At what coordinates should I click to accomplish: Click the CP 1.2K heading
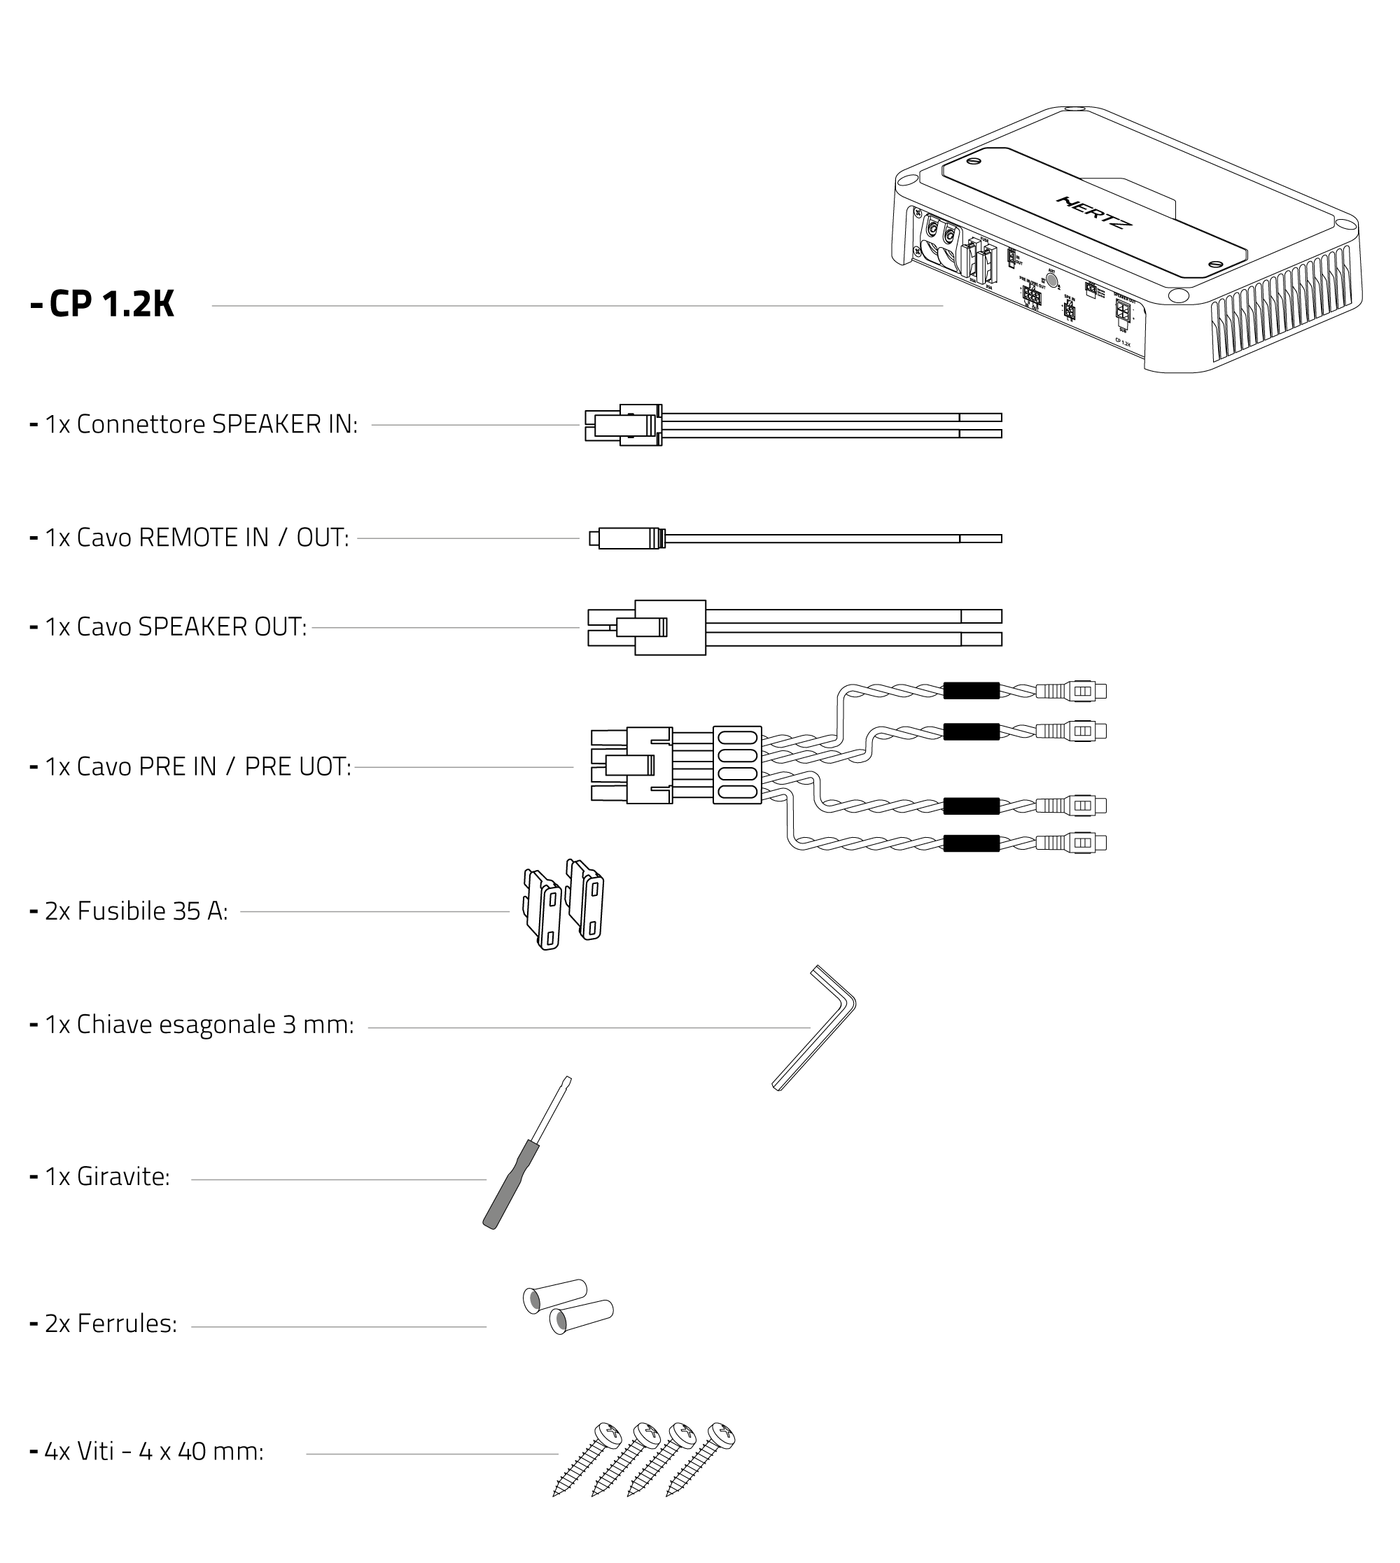click(x=111, y=304)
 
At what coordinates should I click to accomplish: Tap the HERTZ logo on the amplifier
click(x=1094, y=212)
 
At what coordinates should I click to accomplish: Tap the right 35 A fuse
click(x=586, y=900)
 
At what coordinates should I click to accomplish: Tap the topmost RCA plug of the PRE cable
click(x=1072, y=691)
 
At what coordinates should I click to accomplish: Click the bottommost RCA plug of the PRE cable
click(x=1072, y=843)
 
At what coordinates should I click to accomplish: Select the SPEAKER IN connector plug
click(x=624, y=426)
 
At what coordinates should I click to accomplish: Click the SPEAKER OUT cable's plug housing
click(x=669, y=628)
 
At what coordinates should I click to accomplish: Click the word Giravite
click(x=123, y=1177)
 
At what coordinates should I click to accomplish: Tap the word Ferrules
click(x=127, y=1324)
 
